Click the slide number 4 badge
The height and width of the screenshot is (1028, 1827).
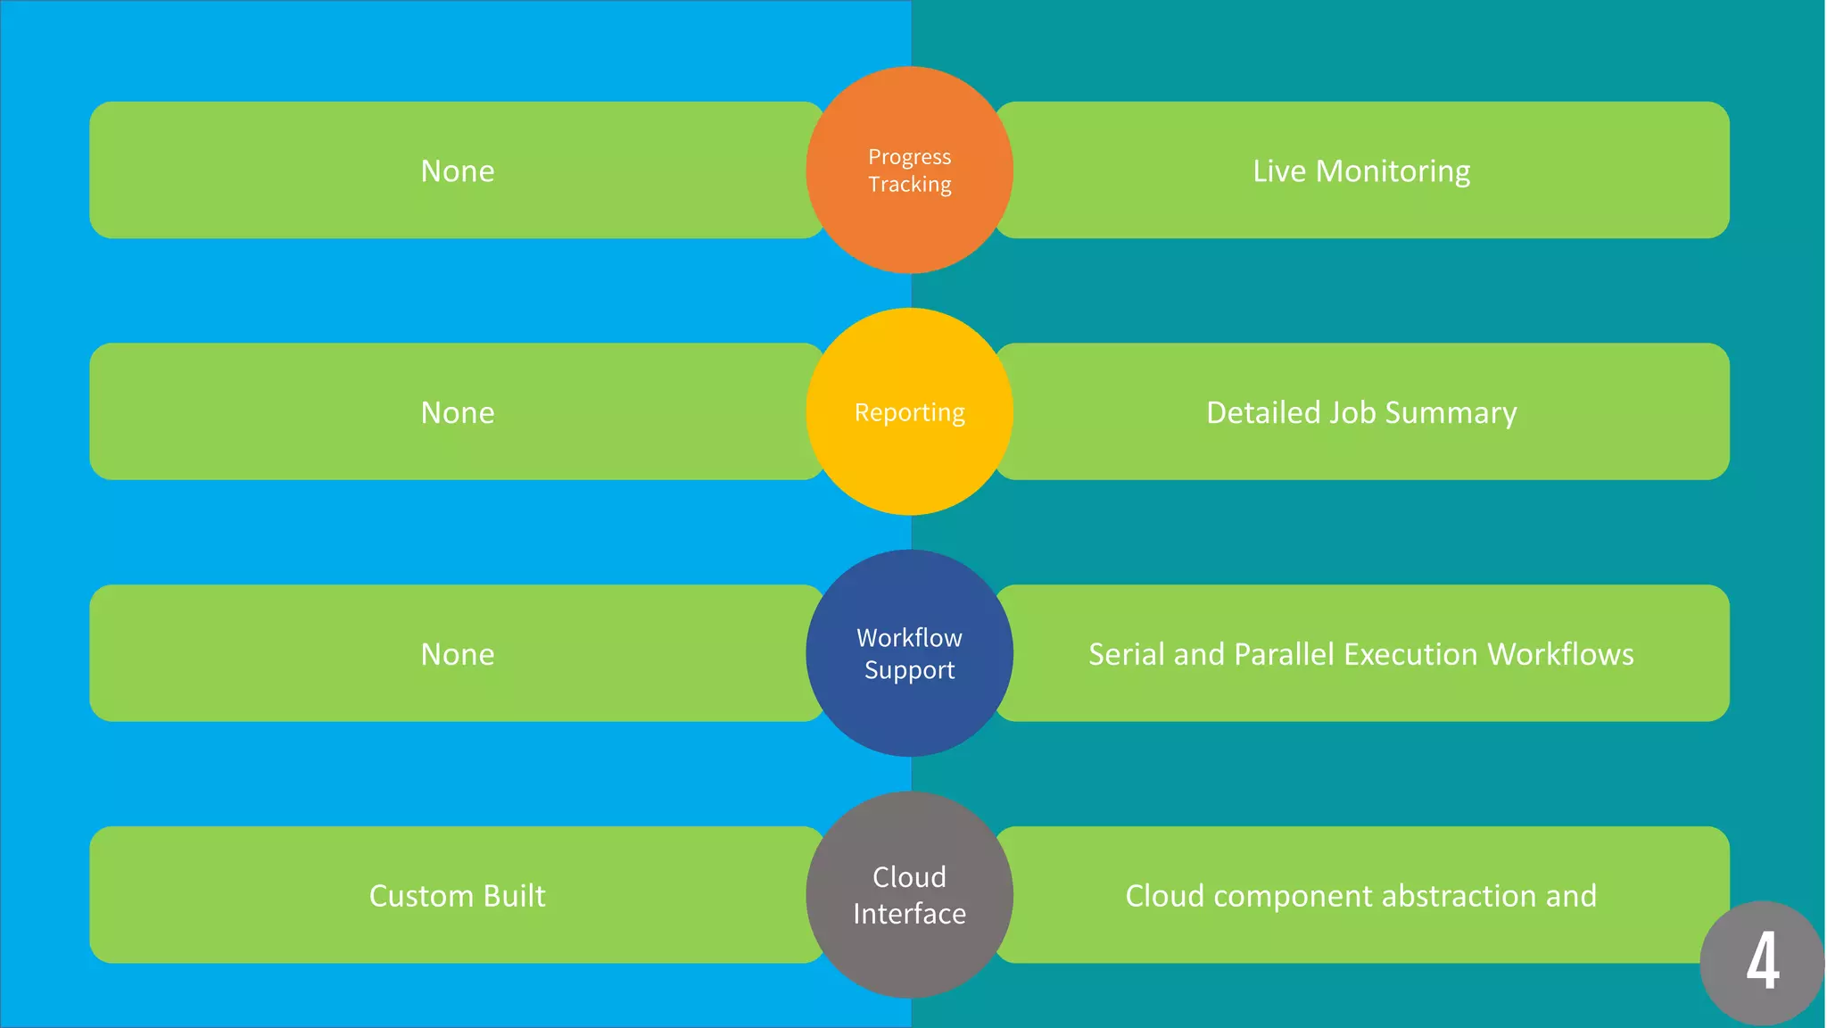pos(1762,962)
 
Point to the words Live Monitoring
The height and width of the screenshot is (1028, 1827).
pos(1361,171)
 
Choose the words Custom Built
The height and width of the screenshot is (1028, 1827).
pos(457,896)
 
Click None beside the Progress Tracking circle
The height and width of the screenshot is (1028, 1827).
pos(457,171)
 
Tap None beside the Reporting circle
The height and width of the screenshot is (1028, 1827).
pos(457,413)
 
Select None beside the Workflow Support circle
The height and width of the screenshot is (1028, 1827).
pos(457,655)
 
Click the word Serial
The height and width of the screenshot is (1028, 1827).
pos(1126,655)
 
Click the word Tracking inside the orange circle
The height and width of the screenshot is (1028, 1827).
pos(910,185)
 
